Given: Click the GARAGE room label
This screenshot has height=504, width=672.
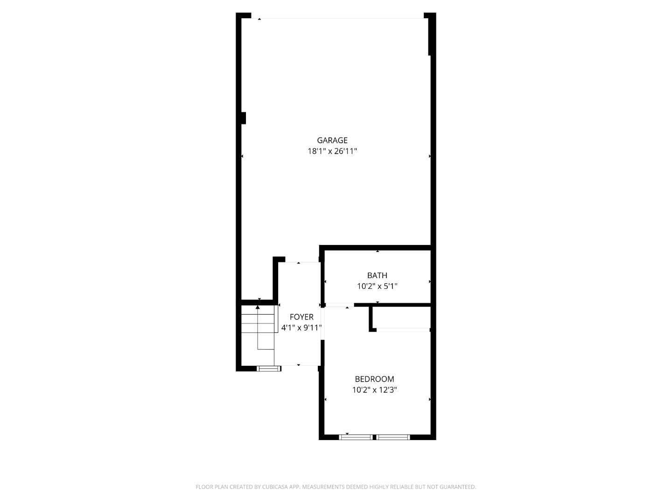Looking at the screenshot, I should pyautogui.click(x=332, y=140).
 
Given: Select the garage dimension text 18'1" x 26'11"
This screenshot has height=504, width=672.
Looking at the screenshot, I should pyautogui.click(x=332, y=151).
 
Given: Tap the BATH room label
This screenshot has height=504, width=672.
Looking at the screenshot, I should pyautogui.click(x=377, y=275).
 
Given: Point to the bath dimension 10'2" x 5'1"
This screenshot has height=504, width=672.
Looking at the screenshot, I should pyautogui.click(x=377, y=286).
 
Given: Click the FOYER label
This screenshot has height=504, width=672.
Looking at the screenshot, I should pyautogui.click(x=301, y=317).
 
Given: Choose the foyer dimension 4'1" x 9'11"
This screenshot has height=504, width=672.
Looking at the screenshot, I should pyautogui.click(x=301, y=328).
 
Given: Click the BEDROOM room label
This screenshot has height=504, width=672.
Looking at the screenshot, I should pyautogui.click(x=374, y=379).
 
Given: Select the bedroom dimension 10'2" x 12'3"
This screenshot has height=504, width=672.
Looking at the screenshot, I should pyautogui.click(x=374, y=390).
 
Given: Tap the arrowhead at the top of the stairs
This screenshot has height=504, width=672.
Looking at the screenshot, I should pyautogui.click(x=258, y=307).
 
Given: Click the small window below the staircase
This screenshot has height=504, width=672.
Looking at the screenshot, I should pyautogui.click(x=269, y=369).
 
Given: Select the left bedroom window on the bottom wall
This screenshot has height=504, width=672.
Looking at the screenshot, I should pyautogui.click(x=356, y=437).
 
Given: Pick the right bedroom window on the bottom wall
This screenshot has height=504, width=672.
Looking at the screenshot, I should pyautogui.click(x=393, y=437).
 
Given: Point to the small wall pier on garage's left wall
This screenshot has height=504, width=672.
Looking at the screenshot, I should pyautogui.click(x=243, y=118).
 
